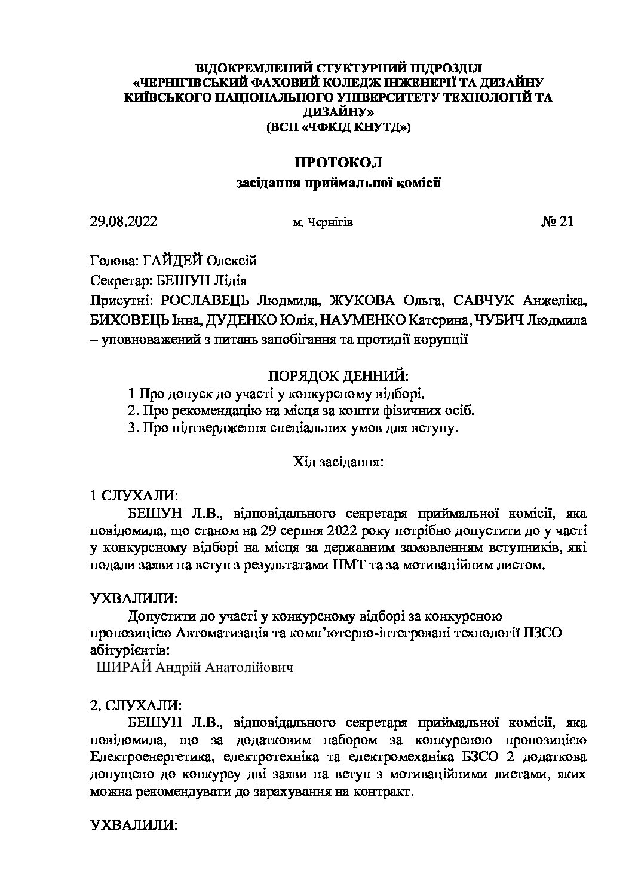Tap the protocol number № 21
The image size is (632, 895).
[x=557, y=222]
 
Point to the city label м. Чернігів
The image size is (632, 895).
[x=323, y=222]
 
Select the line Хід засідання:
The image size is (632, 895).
[x=338, y=462]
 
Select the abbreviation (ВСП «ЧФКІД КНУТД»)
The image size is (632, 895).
[x=338, y=127]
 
